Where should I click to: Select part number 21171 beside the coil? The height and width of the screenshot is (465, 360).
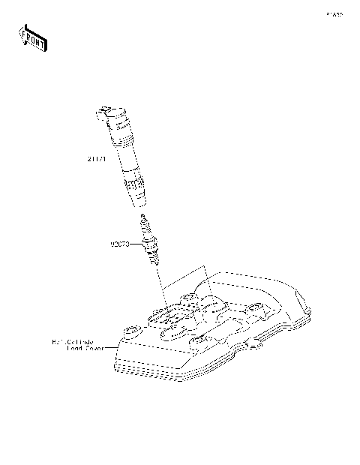97,159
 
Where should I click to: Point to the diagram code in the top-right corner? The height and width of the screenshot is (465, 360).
334,13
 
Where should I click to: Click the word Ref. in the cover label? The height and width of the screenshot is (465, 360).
58,341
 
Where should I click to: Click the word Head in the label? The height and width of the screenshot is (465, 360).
75,348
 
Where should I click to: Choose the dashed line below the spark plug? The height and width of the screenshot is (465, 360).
161,285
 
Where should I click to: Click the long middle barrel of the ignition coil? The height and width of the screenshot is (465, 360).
123,154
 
